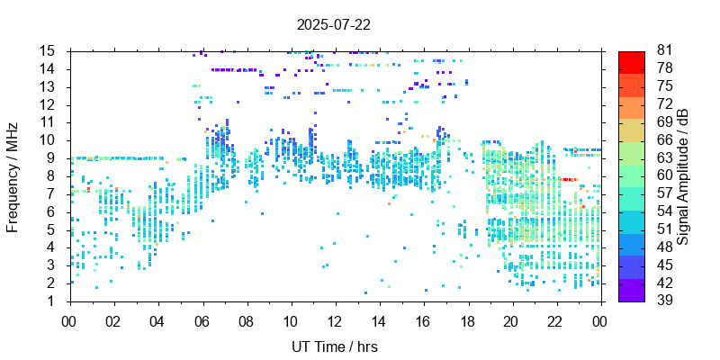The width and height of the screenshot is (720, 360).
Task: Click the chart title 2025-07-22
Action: (x=333, y=24)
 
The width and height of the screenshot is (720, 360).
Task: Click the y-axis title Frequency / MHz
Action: (x=13, y=175)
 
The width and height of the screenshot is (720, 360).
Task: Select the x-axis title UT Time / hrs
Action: (x=334, y=346)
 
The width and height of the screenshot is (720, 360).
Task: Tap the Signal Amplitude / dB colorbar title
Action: (x=685, y=175)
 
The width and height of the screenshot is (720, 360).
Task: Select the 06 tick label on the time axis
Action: (x=202, y=320)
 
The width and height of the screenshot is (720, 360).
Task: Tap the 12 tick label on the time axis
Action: (x=335, y=320)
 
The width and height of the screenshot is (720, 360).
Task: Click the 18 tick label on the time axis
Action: (x=468, y=320)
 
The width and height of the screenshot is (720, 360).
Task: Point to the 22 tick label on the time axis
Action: (x=556, y=320)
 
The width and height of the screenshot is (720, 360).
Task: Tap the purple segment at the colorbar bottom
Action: (x=631, y=292)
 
